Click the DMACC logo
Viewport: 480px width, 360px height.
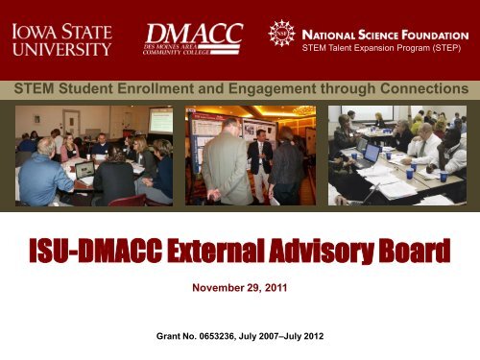click(194, 37)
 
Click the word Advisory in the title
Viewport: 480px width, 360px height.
click(306, 255)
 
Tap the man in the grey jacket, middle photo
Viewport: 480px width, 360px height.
click(226, 163)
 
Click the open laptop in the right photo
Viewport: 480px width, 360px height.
click(371, 154)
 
